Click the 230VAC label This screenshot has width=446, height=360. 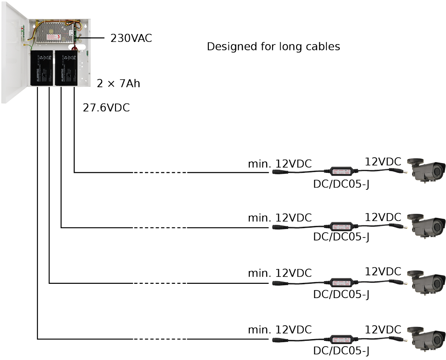(131, 38)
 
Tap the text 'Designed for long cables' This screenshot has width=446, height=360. (273, 46)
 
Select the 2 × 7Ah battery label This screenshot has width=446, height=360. (119, 83)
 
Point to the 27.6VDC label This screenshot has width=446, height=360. (106, 107)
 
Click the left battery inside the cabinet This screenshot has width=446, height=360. (41, 68)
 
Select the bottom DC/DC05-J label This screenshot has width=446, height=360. (341, 350)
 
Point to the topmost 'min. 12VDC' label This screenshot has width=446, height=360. (280, 163)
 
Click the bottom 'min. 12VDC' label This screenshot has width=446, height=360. (280, 330)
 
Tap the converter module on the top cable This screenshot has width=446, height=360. (341, 171)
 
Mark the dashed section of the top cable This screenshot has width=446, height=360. (159, 172)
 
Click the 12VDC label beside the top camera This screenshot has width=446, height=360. (383, 161)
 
